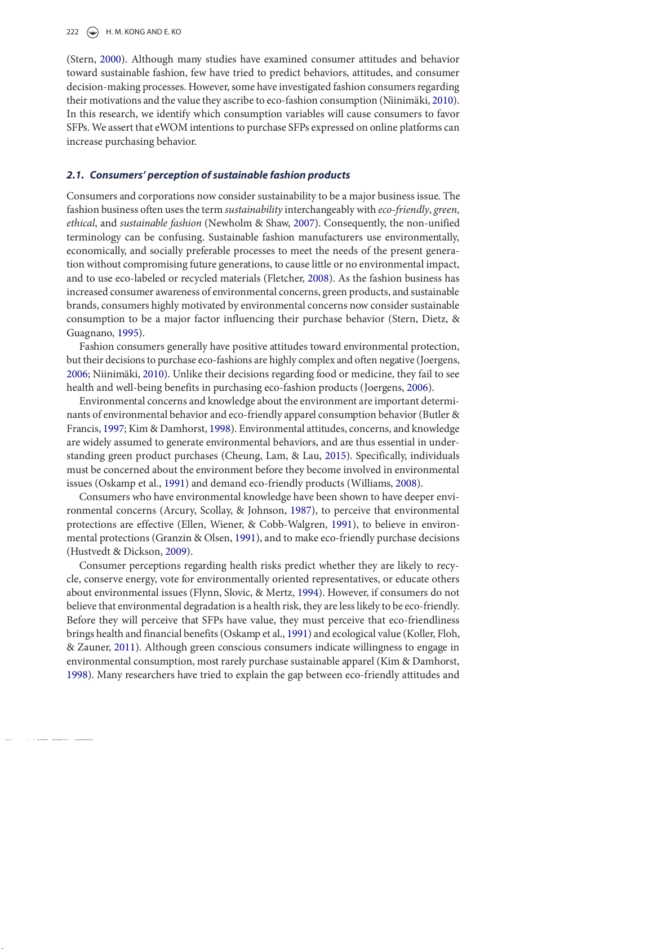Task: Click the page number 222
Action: coord(73,32)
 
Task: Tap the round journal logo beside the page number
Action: coord(93,32)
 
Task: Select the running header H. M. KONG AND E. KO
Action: coord(144,32)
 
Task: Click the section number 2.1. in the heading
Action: coord(75,175)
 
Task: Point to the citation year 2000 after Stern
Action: coord(111,59)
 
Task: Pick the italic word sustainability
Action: coord(254,210)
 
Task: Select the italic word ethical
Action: coord(81,223)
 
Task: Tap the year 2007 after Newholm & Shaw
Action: coord(304,223)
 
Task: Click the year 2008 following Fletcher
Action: coord(318,278)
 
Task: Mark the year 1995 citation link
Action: coord(128,333)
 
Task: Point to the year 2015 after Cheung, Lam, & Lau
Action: coord(335,456)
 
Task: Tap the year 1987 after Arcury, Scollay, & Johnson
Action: coord(301,510)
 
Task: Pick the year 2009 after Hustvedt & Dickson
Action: coord(176,551)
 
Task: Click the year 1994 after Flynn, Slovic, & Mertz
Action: coord(308,592)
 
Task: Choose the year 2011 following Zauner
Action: coord(125,647)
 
